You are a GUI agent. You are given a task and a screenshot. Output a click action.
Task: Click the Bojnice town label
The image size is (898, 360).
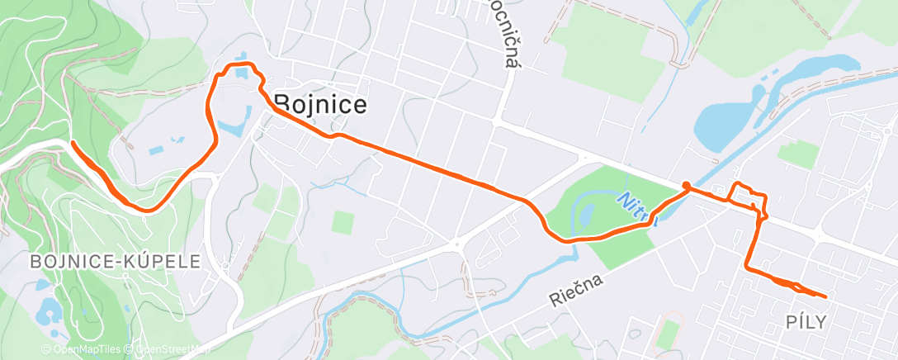[319, 104]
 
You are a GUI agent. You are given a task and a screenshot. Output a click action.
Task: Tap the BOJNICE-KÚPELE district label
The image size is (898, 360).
[116, 262]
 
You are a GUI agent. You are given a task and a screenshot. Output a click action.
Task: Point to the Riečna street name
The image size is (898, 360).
[576, 291]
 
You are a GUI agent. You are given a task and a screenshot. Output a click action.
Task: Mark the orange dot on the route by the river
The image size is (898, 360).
[686, 186]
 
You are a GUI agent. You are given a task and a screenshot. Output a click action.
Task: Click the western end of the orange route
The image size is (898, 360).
[73, 144]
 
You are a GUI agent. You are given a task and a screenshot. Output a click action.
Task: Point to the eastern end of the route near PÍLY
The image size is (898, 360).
[825, 296]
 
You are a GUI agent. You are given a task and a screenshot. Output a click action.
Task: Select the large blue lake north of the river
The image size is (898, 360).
[725, 124]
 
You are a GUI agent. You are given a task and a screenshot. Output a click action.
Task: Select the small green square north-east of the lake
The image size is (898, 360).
[797, 154]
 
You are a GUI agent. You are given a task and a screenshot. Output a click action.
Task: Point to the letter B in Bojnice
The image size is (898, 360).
[281, 104]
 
